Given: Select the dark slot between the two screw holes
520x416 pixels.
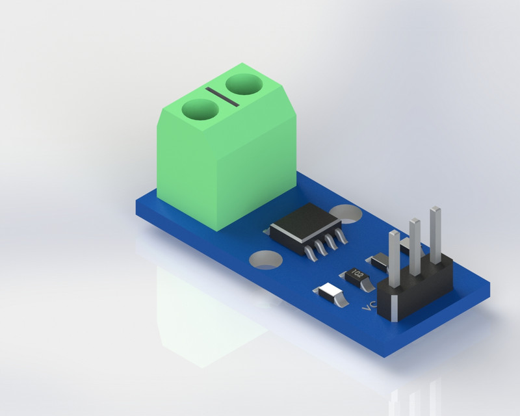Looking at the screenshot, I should coord(221,96).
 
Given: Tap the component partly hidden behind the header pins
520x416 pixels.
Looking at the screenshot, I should coord(405,246).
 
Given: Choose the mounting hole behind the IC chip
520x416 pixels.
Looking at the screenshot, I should coord(348,213).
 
